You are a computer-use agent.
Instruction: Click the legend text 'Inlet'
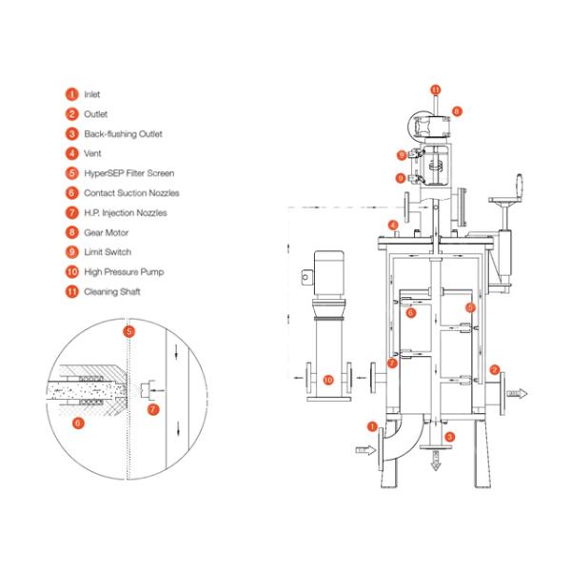tap(91, 94)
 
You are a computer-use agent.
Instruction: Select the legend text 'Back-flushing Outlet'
tap(124, 134)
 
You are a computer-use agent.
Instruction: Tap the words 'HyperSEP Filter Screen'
tap(128, 173)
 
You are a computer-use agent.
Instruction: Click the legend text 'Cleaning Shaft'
tap(112, 291)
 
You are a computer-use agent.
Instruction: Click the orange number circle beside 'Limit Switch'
tap(71, 252)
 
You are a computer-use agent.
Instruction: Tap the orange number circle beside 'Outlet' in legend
tap(71, 114)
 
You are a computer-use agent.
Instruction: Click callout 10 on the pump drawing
tap(328, 380)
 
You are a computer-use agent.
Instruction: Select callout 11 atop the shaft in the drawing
tap(434, 89)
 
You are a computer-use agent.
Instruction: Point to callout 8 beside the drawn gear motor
tap(457, 111)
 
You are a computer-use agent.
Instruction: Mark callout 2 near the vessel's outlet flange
tap(493, 369)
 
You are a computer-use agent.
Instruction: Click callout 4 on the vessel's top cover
tap(391, 226)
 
